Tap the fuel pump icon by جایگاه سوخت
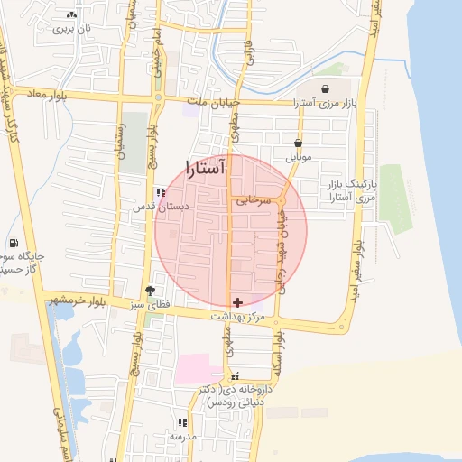click(x=13, y=243)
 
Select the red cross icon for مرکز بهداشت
click(x=237, y=302)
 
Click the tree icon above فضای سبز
click(x=150, y=291)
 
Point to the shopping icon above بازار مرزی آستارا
click(x=325, y=88)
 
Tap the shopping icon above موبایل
click(x=298, y=143)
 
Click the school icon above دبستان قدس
click(x=161, y=192)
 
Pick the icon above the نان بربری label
click(x=71, y=15)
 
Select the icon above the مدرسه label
click(x=182, y=421)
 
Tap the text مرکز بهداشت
click(x=237, y=318)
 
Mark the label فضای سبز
click(x=152, y=307)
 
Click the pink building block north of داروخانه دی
click(x=198, y=367)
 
